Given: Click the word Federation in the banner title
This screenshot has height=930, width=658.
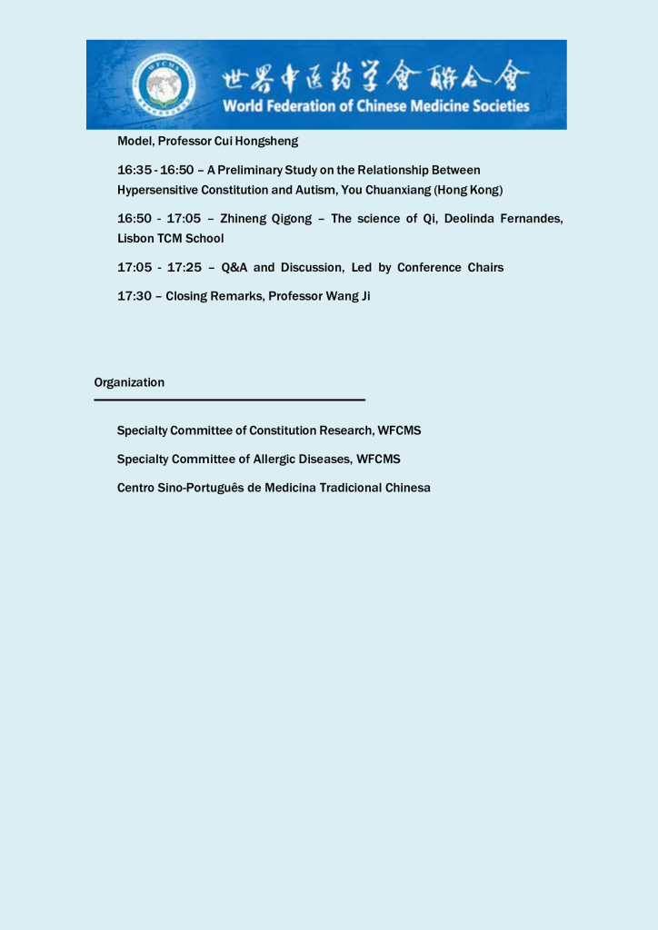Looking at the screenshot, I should coord(297,106).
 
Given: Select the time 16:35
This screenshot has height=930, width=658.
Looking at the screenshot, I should coord(135,170).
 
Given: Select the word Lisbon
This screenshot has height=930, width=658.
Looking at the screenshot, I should coord(135,238).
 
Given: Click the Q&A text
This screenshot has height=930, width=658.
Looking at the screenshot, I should coord(234,267).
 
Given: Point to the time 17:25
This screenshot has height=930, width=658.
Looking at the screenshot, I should coord(184,267).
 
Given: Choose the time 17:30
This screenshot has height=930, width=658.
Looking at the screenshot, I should coord(135,296).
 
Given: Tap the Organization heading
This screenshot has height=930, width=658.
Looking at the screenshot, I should coord(129,382).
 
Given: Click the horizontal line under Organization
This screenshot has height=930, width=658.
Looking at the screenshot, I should coord(229,400).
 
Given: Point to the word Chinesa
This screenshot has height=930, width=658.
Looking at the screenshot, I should coord(407,488).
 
